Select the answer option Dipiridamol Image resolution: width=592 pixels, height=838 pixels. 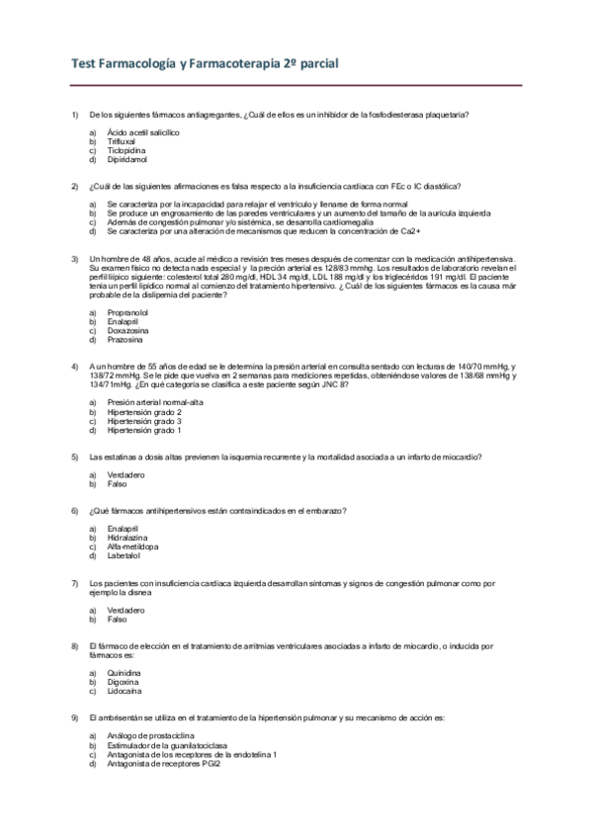click(127, 159)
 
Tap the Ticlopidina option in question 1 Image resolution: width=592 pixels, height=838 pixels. click(127, 150)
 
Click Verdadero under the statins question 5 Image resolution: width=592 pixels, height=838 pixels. click(126, 475)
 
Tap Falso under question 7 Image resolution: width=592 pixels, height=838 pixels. click(117, 620)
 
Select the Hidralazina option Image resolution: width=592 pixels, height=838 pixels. click(127, 538)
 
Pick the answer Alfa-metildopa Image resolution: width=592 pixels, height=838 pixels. click(132, 546)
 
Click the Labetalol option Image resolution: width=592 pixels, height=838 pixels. click(125, 555)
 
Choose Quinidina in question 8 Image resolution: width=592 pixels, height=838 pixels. click(125, 673)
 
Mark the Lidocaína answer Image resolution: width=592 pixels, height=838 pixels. click(126, 691)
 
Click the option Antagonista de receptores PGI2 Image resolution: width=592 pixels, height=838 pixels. click(164, 764)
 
